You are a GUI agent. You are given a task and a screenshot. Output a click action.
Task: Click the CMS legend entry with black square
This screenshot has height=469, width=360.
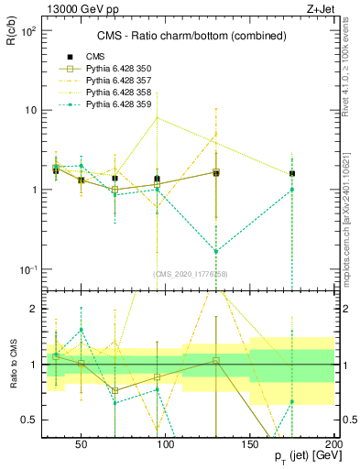click(95, 58)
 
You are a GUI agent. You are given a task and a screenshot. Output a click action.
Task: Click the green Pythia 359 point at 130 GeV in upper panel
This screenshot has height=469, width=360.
click(216, 251)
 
